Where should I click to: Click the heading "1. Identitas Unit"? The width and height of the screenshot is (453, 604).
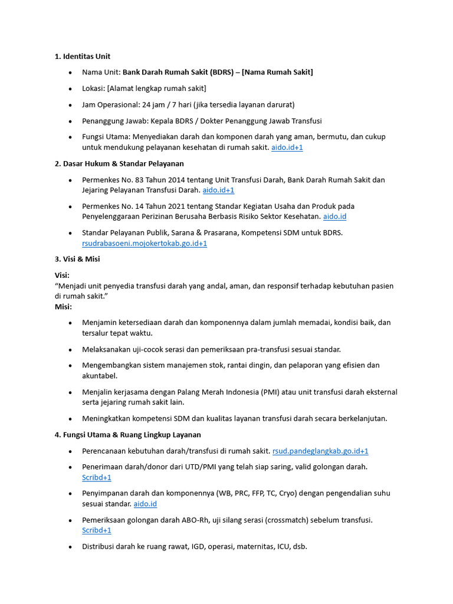[x=83, y=57]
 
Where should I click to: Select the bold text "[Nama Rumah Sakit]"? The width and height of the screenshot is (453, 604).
[x=277, y=72]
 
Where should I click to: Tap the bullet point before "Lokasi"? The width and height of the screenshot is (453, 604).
[x=70, y=88]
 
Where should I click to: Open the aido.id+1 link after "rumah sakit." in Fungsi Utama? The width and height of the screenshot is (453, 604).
[x=287, y=147]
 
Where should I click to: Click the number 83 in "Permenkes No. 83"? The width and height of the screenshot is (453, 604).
[x=133, y=180]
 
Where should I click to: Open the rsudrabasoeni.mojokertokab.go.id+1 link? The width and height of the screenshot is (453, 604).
[x=145, y=243]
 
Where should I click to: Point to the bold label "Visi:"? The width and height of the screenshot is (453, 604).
[x=62, y=275]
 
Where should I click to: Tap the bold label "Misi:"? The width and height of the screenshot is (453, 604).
[x=63, y=307]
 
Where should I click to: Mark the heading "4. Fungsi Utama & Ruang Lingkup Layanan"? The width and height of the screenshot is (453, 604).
[x=128, y=435]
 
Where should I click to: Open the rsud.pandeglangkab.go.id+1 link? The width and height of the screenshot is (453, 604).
[x=320, y=451]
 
